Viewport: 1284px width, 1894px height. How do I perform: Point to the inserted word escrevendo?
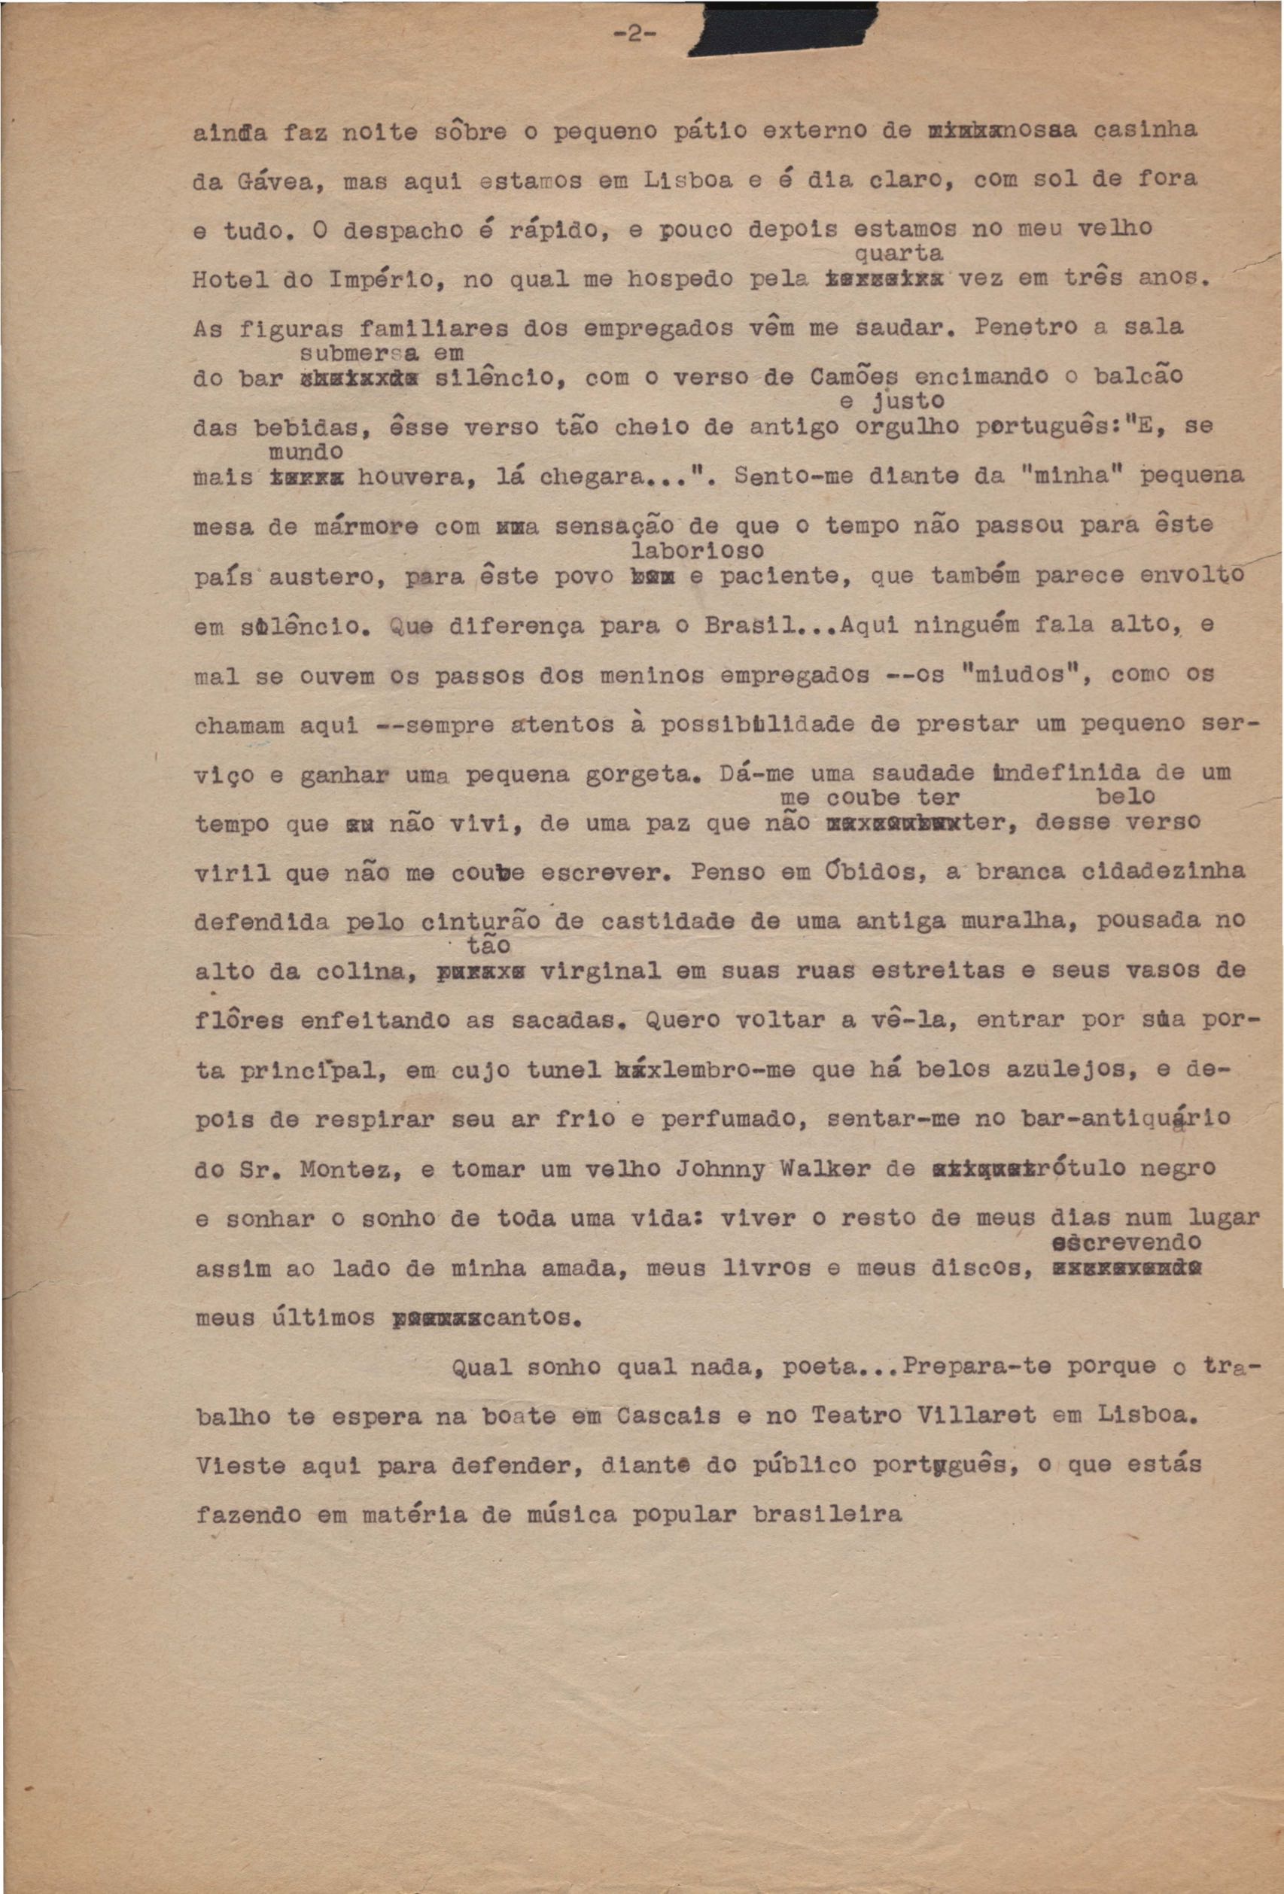pyautogui.click(x=1126, y=1244)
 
